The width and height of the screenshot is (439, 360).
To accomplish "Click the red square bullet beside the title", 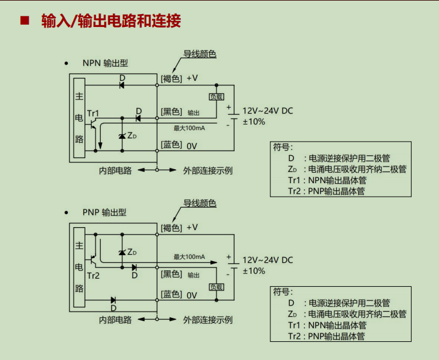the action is (25, 20).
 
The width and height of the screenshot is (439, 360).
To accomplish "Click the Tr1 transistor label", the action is (93, 114).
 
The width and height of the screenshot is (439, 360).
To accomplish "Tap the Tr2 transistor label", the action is (93, 276).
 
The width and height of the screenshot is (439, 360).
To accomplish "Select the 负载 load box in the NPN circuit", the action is (217, 97).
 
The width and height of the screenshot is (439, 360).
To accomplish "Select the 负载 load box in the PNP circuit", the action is (217, 287).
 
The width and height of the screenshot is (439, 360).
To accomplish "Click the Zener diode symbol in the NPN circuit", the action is (122, 136).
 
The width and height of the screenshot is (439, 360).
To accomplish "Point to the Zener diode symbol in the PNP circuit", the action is (122, 252).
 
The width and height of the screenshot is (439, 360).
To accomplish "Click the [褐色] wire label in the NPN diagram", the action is (171, 78).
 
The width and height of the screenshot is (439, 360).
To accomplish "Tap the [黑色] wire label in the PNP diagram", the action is (171, 274).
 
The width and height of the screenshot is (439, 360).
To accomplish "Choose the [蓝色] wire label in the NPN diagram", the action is (171, 145).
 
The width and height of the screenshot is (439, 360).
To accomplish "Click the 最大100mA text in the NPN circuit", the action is (189, 128).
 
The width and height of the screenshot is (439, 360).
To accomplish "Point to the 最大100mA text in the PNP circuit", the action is (189, 257).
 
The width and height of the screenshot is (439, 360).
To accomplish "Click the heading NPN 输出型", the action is (105, 63).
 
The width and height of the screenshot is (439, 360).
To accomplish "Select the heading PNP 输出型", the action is (104, 212).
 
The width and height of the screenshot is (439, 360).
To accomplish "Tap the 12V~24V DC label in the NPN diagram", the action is (267, 111).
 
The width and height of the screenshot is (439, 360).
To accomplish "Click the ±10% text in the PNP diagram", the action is (254, 271).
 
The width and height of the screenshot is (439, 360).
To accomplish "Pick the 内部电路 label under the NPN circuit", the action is (115, 170).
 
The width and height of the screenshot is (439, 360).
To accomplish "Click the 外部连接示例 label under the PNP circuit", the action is (208, 320).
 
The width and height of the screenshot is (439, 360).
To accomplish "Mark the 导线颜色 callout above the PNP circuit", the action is (200, 203).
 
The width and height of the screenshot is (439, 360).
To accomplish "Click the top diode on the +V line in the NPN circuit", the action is (122, 85).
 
